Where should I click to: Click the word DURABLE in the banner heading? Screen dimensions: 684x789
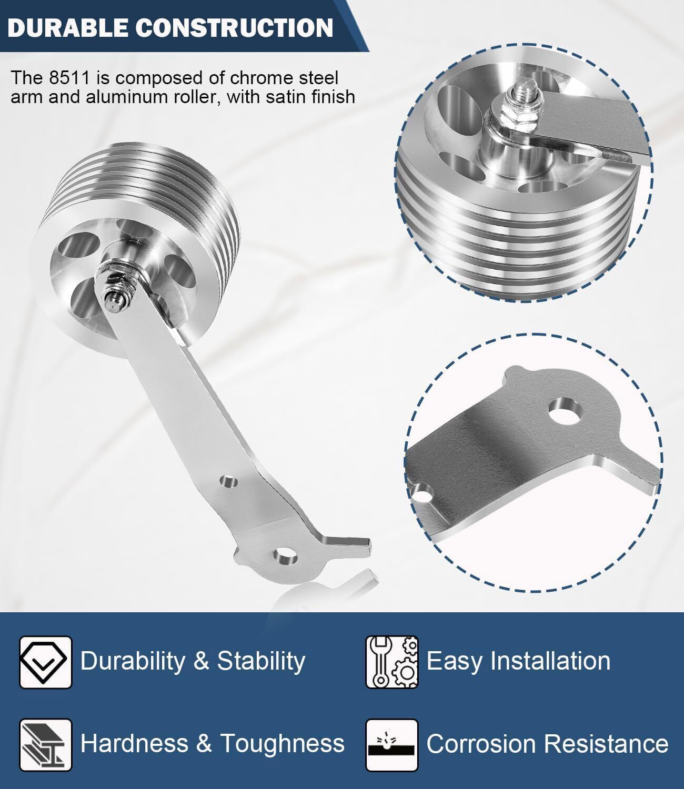pyautogui.click(x=67, y=28)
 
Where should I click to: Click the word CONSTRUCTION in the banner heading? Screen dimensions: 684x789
pyautogui.click(x=234, y=28)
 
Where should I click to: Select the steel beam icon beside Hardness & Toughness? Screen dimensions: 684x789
pyautogui.click(x=45, y=745)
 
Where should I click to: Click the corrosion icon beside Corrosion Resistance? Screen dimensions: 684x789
pyautogui.click(x=391, y=745)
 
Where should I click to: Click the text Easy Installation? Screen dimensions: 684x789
pyautogui.click(x=518, y=661)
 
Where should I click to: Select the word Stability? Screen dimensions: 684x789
pyautogui.click(x=261, y=661)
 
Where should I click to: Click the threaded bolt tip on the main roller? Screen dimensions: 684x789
pyautogui.click(x=112, y=304)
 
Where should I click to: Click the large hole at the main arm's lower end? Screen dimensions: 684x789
pyautogui.click(x=285, y=556)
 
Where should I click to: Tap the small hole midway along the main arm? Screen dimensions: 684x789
pyautogui.click(x=229, y=482)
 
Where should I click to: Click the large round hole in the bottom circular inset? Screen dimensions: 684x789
pyautogui.click(x=566, y=411)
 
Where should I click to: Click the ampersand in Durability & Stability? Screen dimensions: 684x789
pyautogui.click(x=202, y=661)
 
